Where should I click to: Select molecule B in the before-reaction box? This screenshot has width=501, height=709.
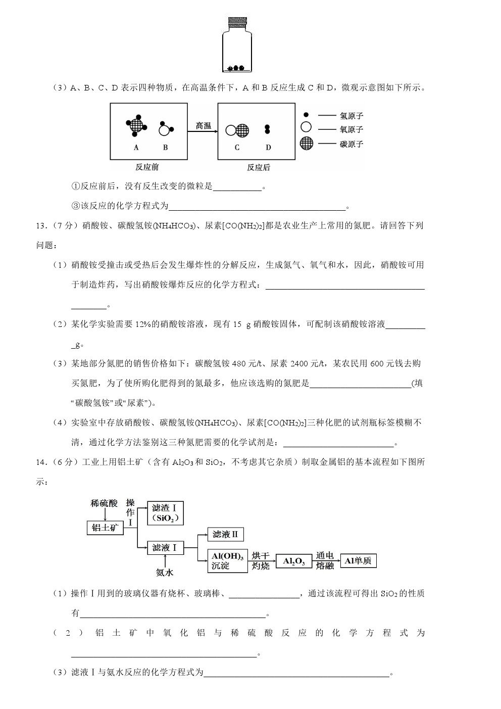pos(165,129)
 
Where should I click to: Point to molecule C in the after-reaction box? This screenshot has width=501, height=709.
pos(237,130)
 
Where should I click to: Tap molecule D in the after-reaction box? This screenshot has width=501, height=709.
pos(268,129)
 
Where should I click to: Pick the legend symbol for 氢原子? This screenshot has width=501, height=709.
pos(306,115)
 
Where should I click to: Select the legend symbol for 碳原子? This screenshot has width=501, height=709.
pos(306,143)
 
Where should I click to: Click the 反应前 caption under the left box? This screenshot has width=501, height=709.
pos(146,167)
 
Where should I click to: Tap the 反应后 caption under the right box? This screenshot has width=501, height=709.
pos(258,167)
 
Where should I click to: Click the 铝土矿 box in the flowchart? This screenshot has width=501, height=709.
pos(105,528)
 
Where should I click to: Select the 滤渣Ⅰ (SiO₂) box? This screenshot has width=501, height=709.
pos(165,513)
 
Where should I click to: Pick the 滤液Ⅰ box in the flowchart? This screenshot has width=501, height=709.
pos(165,547)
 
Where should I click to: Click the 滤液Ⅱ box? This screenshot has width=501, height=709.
pos(225,534)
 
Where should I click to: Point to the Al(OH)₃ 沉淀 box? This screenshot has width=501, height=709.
pos(227,561)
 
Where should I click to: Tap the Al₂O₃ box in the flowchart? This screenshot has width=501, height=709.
pos(294,561)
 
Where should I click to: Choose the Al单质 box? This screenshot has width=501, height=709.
pos(359,560)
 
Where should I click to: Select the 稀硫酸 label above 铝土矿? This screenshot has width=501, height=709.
pos(104,503)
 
